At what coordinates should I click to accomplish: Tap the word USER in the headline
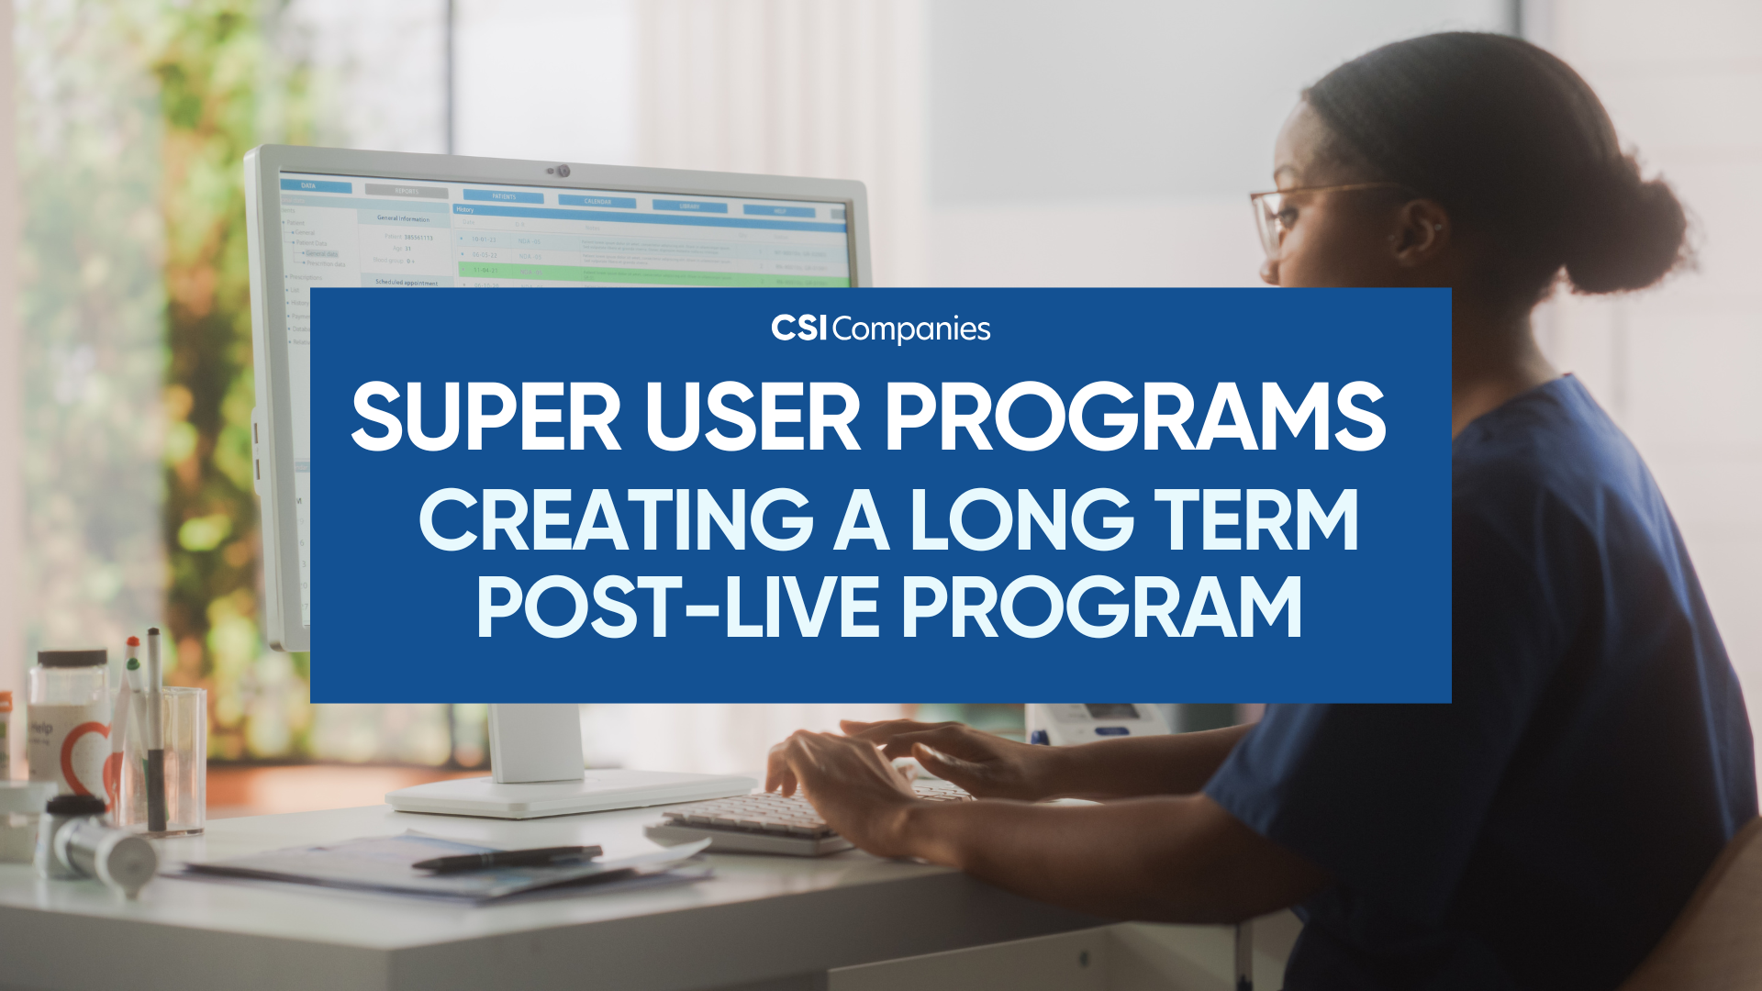(753, 418)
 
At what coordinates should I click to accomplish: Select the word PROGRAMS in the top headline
(1135, 418)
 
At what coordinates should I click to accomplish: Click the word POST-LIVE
(679, 607)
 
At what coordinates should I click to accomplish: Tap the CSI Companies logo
(881, 328)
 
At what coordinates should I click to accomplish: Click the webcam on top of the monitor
(562, 172)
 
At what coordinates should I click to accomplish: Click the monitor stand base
(569, 794)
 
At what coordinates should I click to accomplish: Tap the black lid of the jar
(72, 659)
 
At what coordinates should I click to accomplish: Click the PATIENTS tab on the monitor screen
(504, 196)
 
